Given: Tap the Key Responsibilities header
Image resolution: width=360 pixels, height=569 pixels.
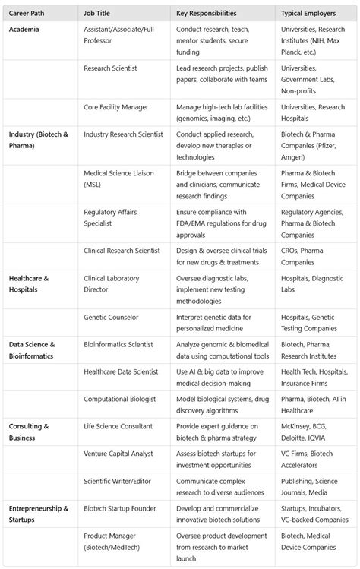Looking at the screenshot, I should coord(206,14).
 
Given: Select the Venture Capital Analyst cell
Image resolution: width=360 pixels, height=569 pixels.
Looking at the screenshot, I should coord(118,454).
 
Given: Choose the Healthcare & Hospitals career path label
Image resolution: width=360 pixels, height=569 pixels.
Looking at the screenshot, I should coord(29,283).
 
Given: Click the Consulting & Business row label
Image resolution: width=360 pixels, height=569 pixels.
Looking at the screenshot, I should coord(30,431).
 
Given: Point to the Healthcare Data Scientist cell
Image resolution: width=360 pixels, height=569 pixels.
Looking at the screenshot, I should coord(122,371).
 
